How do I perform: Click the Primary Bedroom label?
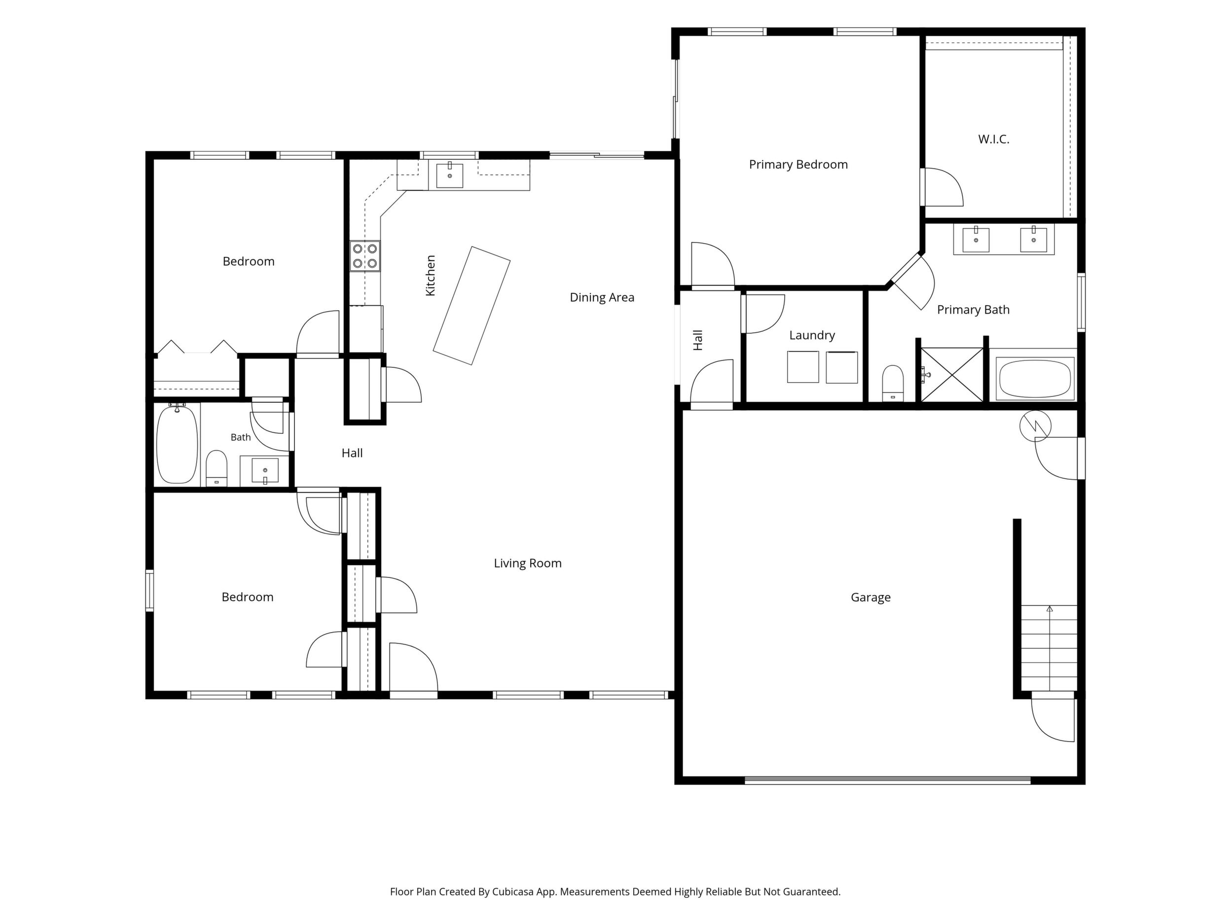798,165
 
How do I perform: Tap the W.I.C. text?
993,139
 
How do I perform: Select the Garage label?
870,598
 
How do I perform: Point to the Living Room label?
528,564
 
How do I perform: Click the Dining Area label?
602,298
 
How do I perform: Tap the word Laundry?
812,335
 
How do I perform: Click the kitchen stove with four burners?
365,256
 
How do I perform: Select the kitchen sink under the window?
449,175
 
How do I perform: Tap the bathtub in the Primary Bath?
1035,378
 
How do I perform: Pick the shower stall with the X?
952,374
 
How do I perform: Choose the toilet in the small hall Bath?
217,468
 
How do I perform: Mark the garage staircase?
1049,648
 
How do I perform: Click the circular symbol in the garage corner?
1035,426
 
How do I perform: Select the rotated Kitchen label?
430,276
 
